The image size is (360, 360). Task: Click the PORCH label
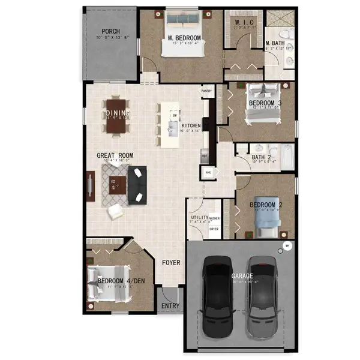(x=110, y=31)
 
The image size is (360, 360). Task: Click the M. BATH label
(x=276, y=43)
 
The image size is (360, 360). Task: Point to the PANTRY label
(x=208, y=91)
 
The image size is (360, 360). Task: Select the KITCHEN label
(x=191, y=126)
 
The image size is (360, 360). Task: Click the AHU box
(x=209, y=173)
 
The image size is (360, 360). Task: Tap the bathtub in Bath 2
(x=286, y=158)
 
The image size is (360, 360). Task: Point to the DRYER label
(x=214, y=229)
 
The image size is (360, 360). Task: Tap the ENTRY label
(x=170, y=306)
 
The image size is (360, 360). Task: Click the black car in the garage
(x=217, y=296)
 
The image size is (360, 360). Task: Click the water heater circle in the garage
(x=287, y=245)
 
